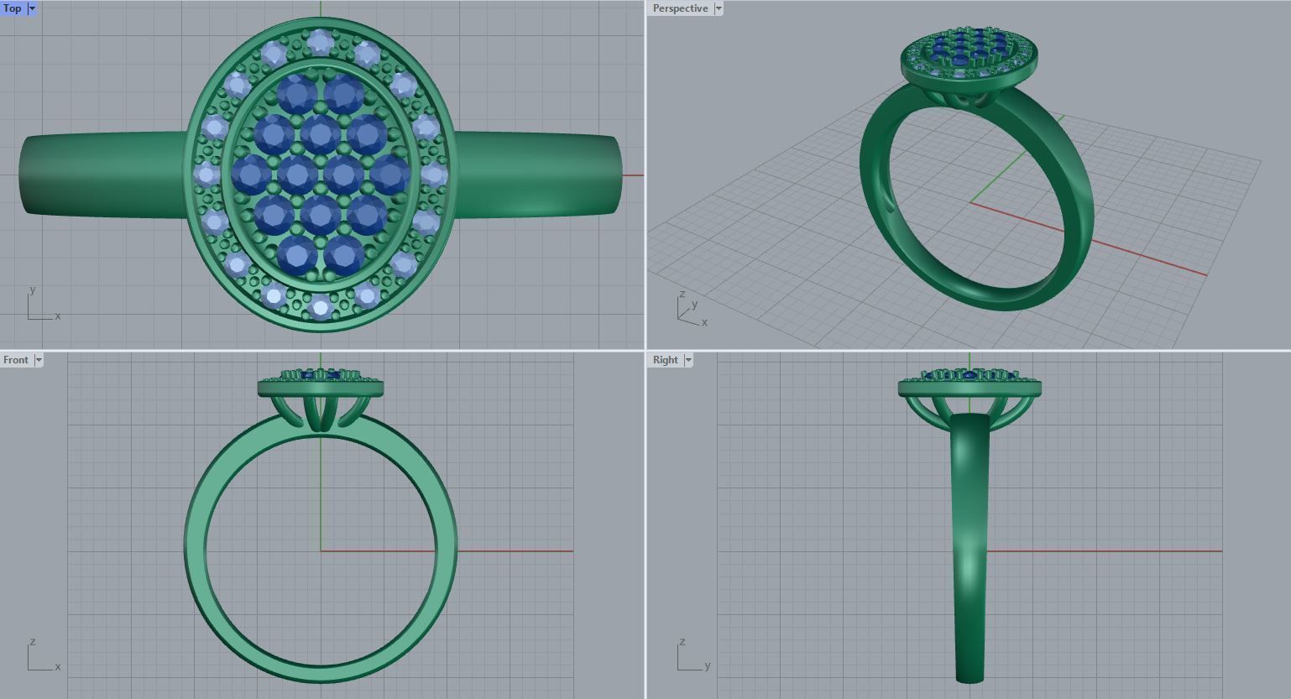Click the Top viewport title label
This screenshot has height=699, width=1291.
pos(13,8)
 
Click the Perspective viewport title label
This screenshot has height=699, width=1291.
pos(680,8)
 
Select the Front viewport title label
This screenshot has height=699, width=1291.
pos(16,360)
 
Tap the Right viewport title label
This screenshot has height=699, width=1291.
pos(665,360)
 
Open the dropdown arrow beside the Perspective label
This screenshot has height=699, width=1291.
pos(719,8)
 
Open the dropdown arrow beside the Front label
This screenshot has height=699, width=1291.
pos(39,360)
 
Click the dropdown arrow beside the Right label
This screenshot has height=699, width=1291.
pos(688,360)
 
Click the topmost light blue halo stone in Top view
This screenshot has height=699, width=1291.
pos(320,42)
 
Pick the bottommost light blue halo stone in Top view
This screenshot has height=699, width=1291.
pos(320,306)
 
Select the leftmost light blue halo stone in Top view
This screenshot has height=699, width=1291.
pos(206,175)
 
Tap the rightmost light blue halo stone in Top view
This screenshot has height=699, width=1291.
pos(433,175)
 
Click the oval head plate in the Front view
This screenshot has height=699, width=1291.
pos(321,388)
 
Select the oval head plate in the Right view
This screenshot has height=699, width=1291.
pos(970,388)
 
